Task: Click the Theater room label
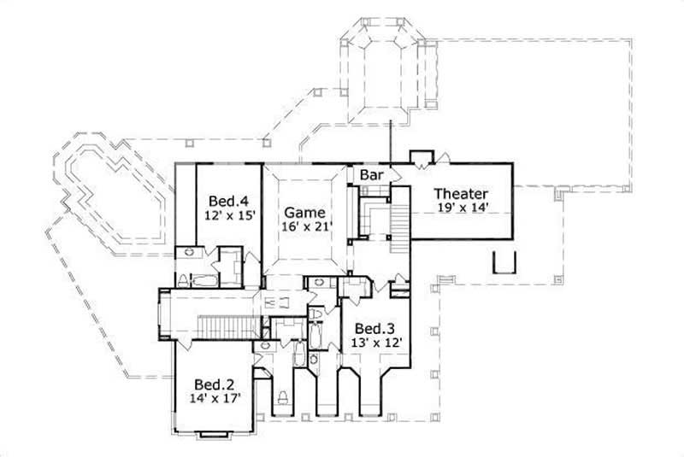(x=460, y=193)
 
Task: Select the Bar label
(x=371, y=175)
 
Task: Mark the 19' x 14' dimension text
(x=460, y=208)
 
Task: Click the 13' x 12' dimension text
(x=377, y=343)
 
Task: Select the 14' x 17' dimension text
(x=215, y=398)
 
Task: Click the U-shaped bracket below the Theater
(x=504, y=261)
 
